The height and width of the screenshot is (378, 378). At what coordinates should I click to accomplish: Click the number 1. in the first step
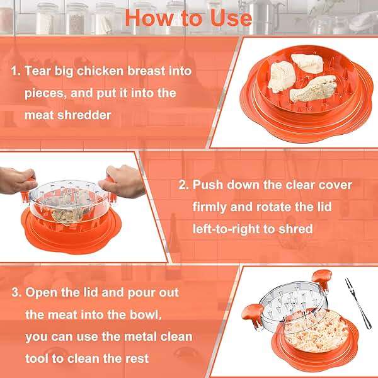tap(16, 70)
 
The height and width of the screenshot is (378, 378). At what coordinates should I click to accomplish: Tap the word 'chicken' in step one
tap(103, 70)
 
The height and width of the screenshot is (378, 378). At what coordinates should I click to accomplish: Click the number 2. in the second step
tap(183, 185)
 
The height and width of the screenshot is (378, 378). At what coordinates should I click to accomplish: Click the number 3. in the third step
tap(16, 293)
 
